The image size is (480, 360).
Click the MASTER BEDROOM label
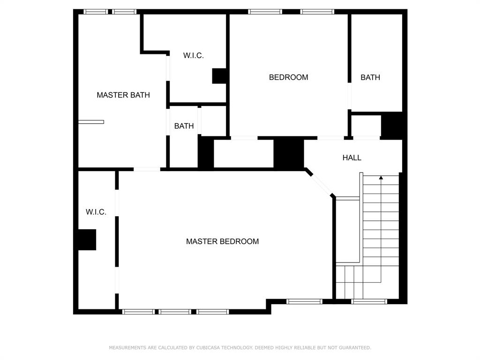coord(222,241)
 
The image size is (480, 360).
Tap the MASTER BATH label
coord(123,95)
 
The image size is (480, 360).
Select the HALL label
coord(352,157)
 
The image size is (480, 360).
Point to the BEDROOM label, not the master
coord(288,77)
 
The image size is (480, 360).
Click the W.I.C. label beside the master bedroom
coord(96,212)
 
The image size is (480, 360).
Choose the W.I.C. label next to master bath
coord(193,55)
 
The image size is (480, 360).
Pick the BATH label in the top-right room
coord(370,77)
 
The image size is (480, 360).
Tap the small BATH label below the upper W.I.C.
coord(184,126)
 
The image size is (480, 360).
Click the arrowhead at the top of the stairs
coord(381,178)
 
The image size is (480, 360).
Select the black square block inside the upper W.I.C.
coord(219,76)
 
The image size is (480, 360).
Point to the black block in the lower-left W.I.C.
coord(87,240)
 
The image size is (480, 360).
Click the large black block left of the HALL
coord(289,153)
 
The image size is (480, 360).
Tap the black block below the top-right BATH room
coord(391,126)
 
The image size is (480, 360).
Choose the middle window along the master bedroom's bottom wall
coord(175,312)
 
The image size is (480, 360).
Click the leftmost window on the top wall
coord(96,12)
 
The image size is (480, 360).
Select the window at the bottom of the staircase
coord(369,301)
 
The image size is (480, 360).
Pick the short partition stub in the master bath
coord(91,122)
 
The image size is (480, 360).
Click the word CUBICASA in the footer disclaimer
coord(208,348)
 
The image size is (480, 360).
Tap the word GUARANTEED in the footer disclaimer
coord(356,348)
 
